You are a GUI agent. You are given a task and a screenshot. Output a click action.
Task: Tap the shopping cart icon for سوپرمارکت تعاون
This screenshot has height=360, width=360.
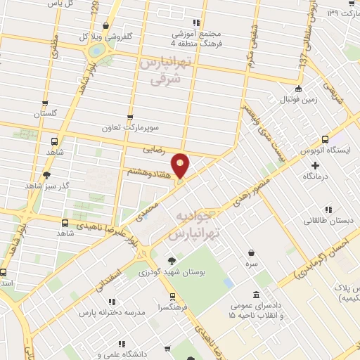(x=129, y=118)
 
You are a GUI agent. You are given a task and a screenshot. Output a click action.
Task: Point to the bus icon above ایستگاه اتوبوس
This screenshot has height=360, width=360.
(x=323, y=139)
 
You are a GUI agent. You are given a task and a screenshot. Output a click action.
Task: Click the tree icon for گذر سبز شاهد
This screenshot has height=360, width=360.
(x=46, y=174)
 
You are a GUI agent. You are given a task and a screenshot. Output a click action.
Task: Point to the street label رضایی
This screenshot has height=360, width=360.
(x=153, y=149)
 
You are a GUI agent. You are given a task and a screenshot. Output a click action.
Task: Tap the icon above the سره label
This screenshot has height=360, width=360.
(x=252, y=253)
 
